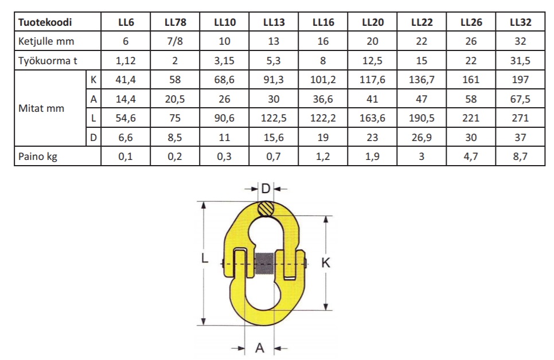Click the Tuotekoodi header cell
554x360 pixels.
click(x=45, y=23)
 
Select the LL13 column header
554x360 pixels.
click(x=274, y=23)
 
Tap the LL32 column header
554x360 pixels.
click(x=520, y=23)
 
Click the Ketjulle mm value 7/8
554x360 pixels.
click(x=175, y=41)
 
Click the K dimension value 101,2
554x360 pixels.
click(x=323, y=80)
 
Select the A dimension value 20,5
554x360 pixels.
click(x=175, y=99)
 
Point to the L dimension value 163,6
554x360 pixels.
click(x=372, y=119)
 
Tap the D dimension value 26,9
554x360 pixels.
click(x=422, y=138)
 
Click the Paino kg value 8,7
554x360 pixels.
click(x=520, y=156)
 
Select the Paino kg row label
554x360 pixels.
click(x=38, y=156)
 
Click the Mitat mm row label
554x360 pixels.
click(x=41, y=108)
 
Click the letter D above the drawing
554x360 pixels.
click(x=265, y=189)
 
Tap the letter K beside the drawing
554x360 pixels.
click(x=326, y=263)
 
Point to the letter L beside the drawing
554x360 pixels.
click(x=204, y=259)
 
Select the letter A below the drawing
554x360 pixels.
click(x=259, y=347)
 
